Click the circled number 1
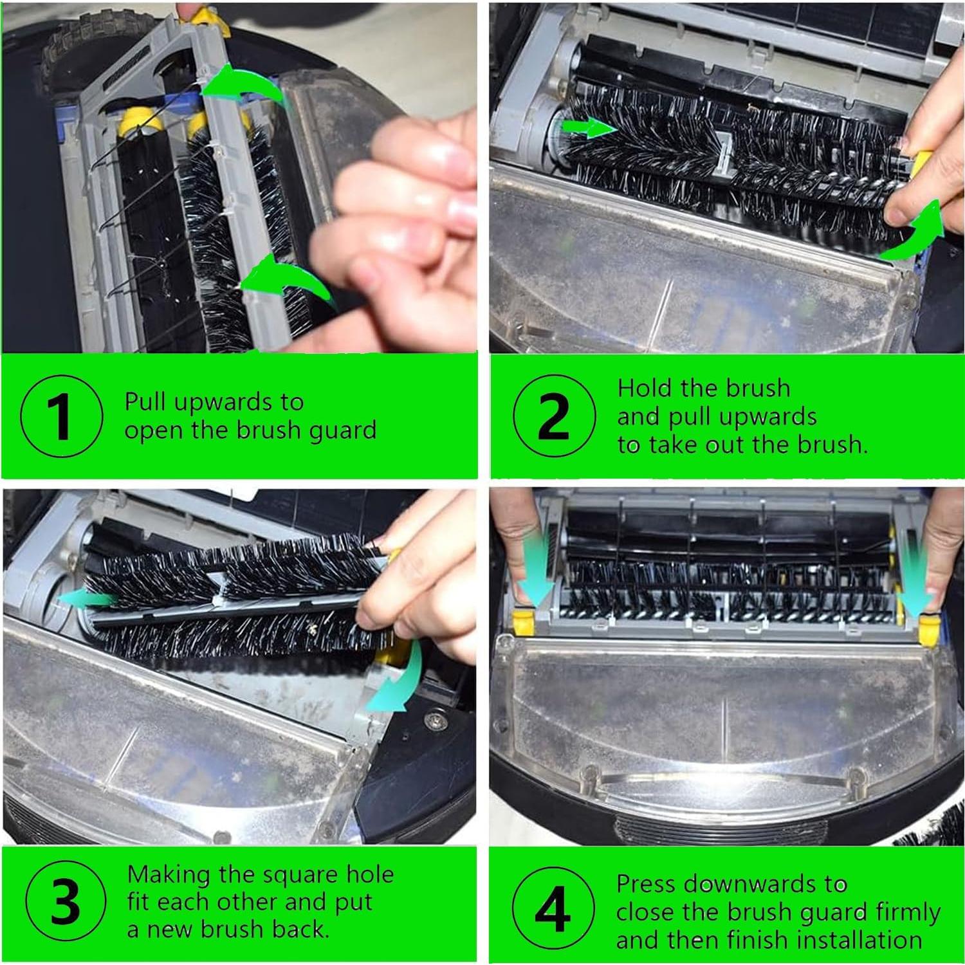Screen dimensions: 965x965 (x=60, y=417)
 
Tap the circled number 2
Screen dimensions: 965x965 (x=553, y=417)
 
